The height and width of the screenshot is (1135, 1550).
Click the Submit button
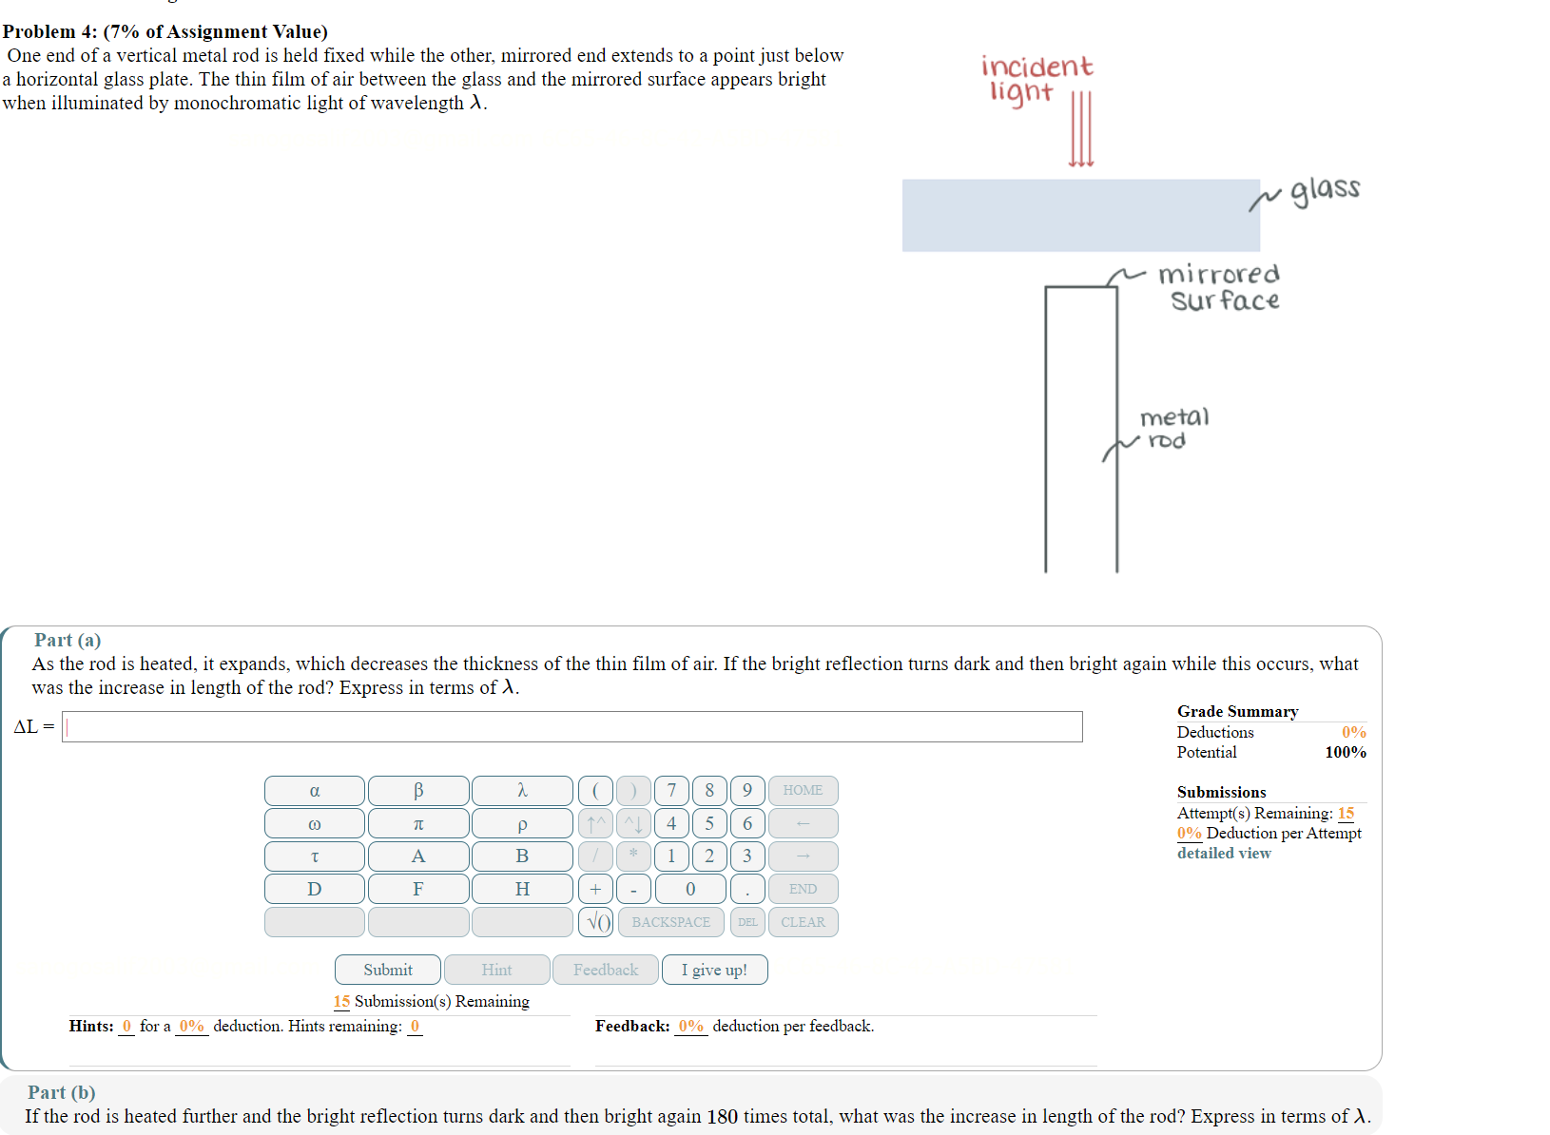[x=388, y=970]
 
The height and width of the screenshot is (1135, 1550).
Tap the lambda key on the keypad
[x=522, y=791]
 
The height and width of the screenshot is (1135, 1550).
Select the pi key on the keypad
[x=418, y=823]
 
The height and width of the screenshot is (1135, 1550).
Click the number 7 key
[x=671, y=791]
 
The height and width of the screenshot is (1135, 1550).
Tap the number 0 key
[x=690, y=890]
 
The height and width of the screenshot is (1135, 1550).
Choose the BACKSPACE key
[x=670, y=922]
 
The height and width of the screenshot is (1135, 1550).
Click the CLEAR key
[x=803, y=922]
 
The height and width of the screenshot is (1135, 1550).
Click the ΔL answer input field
[x=572, y=727]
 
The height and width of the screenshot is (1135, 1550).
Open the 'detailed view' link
[x=1224, y=854]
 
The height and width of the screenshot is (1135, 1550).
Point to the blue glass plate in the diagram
[x=1080, y=216]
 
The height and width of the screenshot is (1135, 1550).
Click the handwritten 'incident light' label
[x=1036, y=78]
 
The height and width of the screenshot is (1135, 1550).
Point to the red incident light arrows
[x=1081, y=129]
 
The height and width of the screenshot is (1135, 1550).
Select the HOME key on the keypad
[x=803, y=791]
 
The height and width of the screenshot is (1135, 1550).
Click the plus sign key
[x=595, y=890]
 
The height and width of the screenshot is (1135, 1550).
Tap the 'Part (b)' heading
[x=62, y=1092]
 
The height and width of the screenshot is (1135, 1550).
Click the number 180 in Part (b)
[x=722, y=1116]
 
